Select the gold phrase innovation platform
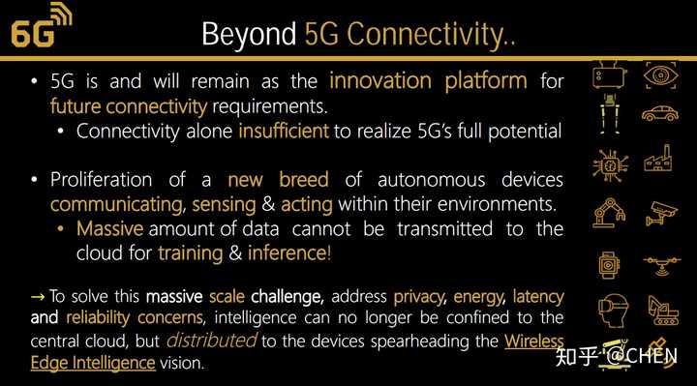(428, 80)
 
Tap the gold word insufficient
(283, 131)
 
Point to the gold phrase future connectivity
(129, 105)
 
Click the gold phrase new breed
(278, 180)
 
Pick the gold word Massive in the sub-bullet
(109, 229)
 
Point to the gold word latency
(537, 295)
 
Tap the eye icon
(662, 74)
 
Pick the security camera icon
(662, 211)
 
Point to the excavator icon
(662, 310)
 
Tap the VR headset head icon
(610, 310)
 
